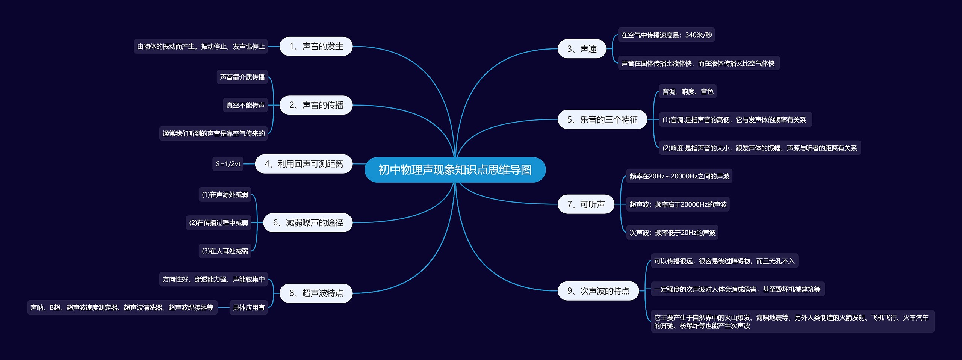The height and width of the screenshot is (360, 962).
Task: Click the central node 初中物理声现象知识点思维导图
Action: (x=455, y=170)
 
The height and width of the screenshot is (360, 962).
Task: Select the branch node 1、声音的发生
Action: (x=316, y=46)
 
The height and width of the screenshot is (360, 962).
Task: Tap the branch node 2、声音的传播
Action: (x=316, y=105)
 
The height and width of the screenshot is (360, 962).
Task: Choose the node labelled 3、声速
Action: (x=582, y=49)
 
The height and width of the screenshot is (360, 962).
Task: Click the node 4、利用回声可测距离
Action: (x=304, y=164)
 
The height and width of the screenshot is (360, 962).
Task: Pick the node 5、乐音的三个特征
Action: (x=602, y=119)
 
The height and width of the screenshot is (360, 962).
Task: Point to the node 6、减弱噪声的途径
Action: (x=308, y=222)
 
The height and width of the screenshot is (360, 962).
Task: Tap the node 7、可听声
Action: (x=586, y=204)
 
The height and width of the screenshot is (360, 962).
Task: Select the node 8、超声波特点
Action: (x=316, y=293)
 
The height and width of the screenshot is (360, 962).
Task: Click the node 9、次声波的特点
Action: (x=598, y=291)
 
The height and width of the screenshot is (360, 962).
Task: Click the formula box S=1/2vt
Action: (x=228, y=164)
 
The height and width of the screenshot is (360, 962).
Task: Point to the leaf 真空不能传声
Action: (x=245, y=105)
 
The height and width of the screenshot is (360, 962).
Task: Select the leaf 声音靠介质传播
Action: (x=242, y=77)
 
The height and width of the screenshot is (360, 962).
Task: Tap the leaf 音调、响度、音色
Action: (x=688, y=91)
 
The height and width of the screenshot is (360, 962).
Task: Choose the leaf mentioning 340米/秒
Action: (x=666, y=35)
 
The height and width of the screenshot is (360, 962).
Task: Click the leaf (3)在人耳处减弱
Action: (x=225, y=251)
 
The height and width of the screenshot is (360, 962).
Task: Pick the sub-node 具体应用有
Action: (x=248, y=307)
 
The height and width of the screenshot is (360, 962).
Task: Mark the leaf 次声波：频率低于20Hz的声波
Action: (x=672, y=233)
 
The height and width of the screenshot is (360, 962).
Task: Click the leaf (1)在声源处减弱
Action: (x=225, y=195)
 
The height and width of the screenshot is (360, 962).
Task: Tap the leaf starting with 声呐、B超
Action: (x=122, y=307)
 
